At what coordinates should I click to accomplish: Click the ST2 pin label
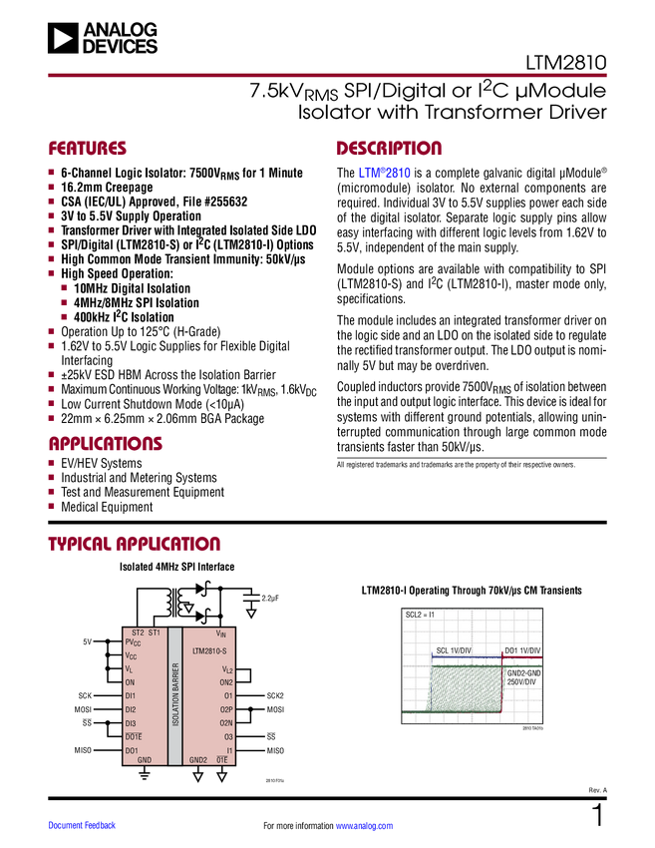coord(138,633)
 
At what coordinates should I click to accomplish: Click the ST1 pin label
coord(155,633)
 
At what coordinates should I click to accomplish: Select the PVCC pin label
coord(134,643)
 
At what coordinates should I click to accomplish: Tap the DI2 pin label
coord(131,709)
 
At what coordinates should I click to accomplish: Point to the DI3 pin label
coord(131,723)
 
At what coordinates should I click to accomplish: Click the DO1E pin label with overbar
coord(133,736)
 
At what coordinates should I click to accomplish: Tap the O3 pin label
coord(228,736)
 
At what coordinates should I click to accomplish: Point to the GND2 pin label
coord(198,760)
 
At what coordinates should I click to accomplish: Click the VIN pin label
coord(221,634)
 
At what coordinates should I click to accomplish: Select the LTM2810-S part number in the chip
coord(211,650)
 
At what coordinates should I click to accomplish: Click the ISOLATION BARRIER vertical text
coord(175,696)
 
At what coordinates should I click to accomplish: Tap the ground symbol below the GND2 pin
coord(198,775)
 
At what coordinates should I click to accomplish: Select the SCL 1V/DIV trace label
coord(453,651)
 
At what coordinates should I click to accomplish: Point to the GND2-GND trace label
coord(523,673)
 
